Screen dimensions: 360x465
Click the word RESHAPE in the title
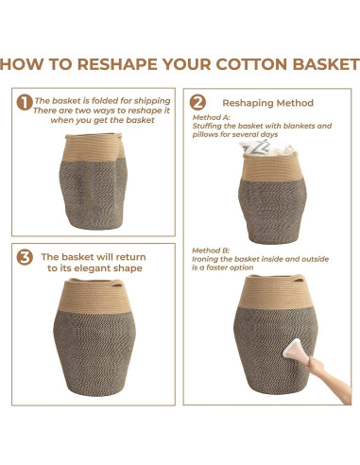coord(117,64)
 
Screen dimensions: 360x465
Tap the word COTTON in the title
coord(251,64)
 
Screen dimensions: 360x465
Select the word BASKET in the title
coord(326,64)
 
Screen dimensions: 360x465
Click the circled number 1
coord(25,102)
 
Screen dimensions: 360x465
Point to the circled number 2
coord(197,102)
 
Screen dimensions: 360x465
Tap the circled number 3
coord(25,257)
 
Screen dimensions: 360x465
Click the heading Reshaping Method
coord(268,103)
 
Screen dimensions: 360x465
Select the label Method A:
coord(211,117)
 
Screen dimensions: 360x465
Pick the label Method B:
coord(211,250)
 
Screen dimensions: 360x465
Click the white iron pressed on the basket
coord(297,352)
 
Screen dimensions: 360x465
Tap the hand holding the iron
coord(315,366)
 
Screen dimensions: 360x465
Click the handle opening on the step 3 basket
coord(116,284)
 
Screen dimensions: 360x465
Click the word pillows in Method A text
coord(203,134)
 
